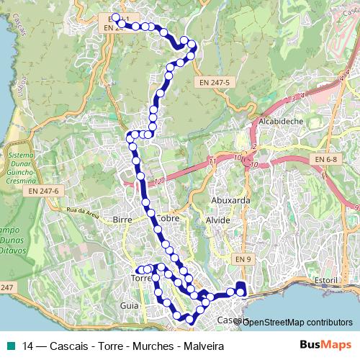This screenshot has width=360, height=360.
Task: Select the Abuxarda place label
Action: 230,201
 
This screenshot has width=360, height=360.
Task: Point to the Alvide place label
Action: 218,220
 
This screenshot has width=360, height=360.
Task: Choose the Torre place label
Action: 139,278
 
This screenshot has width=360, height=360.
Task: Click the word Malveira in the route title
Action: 202,346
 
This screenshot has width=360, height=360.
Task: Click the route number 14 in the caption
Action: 28,346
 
